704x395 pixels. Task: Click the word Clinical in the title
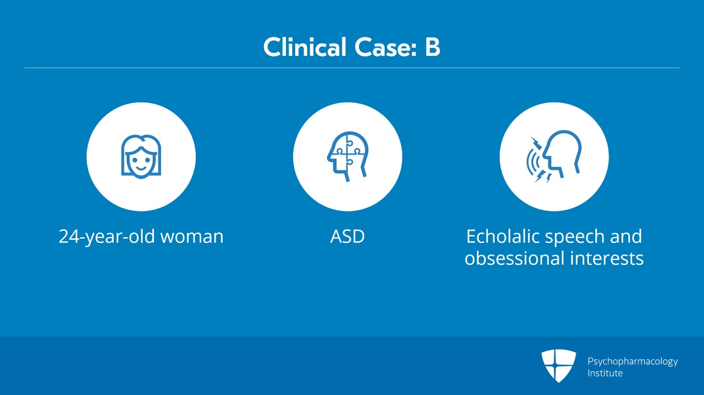point(304,47)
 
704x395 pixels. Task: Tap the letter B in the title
point(433,47)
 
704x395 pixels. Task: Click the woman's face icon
point(141,156)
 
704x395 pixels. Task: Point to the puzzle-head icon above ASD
point(348,156)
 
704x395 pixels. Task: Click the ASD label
point(348,236)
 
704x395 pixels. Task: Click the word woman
point(192,236)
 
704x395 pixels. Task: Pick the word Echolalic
point(502,236)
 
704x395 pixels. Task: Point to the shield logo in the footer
point(558,365)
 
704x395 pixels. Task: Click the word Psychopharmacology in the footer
point(632,362)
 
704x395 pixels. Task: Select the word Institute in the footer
point(605,373)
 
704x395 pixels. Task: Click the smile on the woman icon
point(141,167)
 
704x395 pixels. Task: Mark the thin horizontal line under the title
point(352,68)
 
